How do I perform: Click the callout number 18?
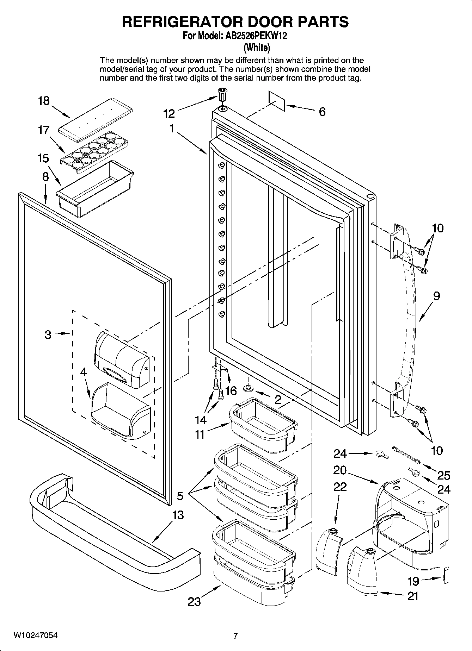[44, 101]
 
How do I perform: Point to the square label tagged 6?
[276, 101]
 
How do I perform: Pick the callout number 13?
[178, 515]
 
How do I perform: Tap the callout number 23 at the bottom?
[194, 601]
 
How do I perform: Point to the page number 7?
[236, 636]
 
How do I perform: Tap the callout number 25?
[444, 475]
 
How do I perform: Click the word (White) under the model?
[257, 47]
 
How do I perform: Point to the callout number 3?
[48, 334]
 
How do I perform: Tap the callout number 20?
[340, 470]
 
